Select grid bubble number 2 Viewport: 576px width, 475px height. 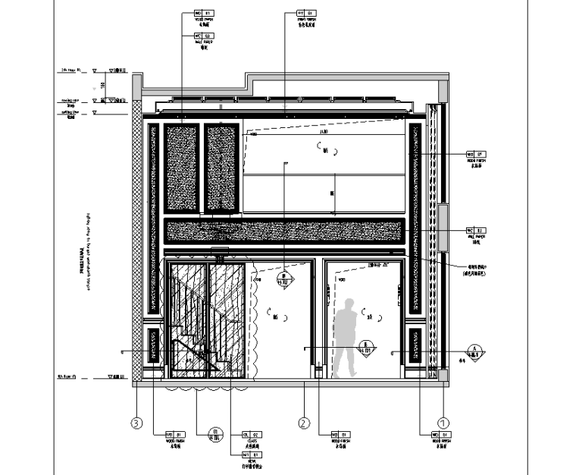pos(304,423)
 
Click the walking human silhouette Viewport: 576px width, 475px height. pos(346,338)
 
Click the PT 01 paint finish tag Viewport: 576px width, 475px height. pos(305,13)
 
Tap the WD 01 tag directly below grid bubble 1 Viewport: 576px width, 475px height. pos(440,435)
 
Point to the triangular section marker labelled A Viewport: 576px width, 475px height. pos(474,351)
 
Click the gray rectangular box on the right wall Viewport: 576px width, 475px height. pos(443,227)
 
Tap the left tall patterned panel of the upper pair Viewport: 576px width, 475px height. pos(182,167)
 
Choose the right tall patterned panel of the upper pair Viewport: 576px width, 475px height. pos(221,167)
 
